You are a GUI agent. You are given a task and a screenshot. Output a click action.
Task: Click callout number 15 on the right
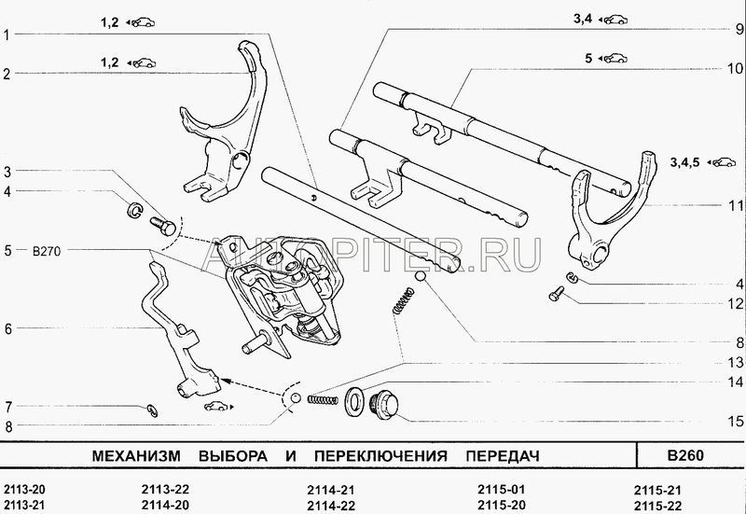(x=735, y=422)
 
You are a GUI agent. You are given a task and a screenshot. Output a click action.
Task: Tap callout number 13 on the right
(x=735, y=362)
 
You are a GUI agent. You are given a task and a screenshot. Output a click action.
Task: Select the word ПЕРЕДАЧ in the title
(x=491, y=456)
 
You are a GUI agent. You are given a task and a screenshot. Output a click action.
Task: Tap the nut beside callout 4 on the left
(x=133, y=209)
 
